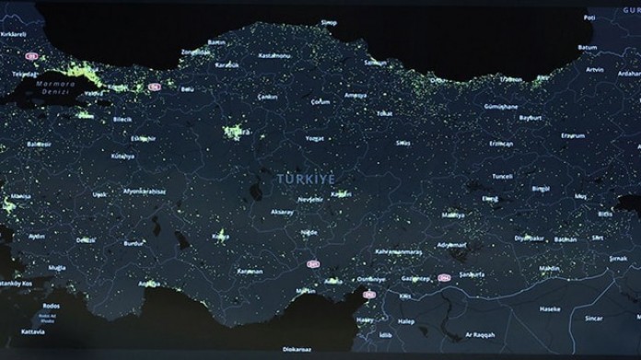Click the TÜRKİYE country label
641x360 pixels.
coord(306,179)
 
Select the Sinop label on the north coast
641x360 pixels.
coord(329,21)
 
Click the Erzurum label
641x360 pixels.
coord(573,135)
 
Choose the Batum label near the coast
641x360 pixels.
coord(587,47)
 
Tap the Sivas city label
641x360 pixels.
coord(402,143)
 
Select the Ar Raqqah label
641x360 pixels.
coord(478,334)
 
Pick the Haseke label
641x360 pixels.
coord(550,308)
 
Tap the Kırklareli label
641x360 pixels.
coord(14,33)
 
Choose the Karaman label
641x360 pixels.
coord(250,272)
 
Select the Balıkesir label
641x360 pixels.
coord(40,144)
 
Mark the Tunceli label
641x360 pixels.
coord(502,176)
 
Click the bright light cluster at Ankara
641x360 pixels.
coord(238,134)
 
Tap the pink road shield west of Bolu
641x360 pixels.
coord(155,87)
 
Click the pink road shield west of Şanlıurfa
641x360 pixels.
coord(445,276)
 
